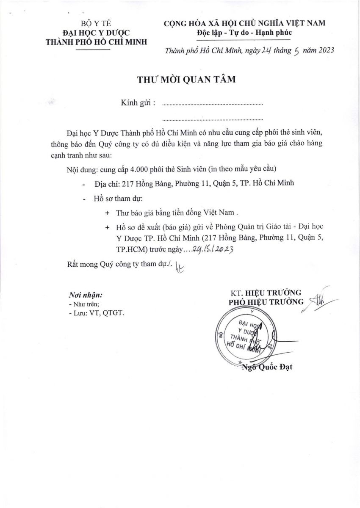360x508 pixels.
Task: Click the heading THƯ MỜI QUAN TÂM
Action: (x=186, y=80)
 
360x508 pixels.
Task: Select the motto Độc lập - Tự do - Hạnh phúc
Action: (x=244, y=33)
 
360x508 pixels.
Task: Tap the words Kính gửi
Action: (x=138, y=103)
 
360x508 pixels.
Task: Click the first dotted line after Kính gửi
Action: (x=212, y=104)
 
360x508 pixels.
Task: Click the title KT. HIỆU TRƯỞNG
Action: (x=266, y=293)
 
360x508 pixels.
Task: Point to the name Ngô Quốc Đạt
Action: (x=267, y=367)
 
